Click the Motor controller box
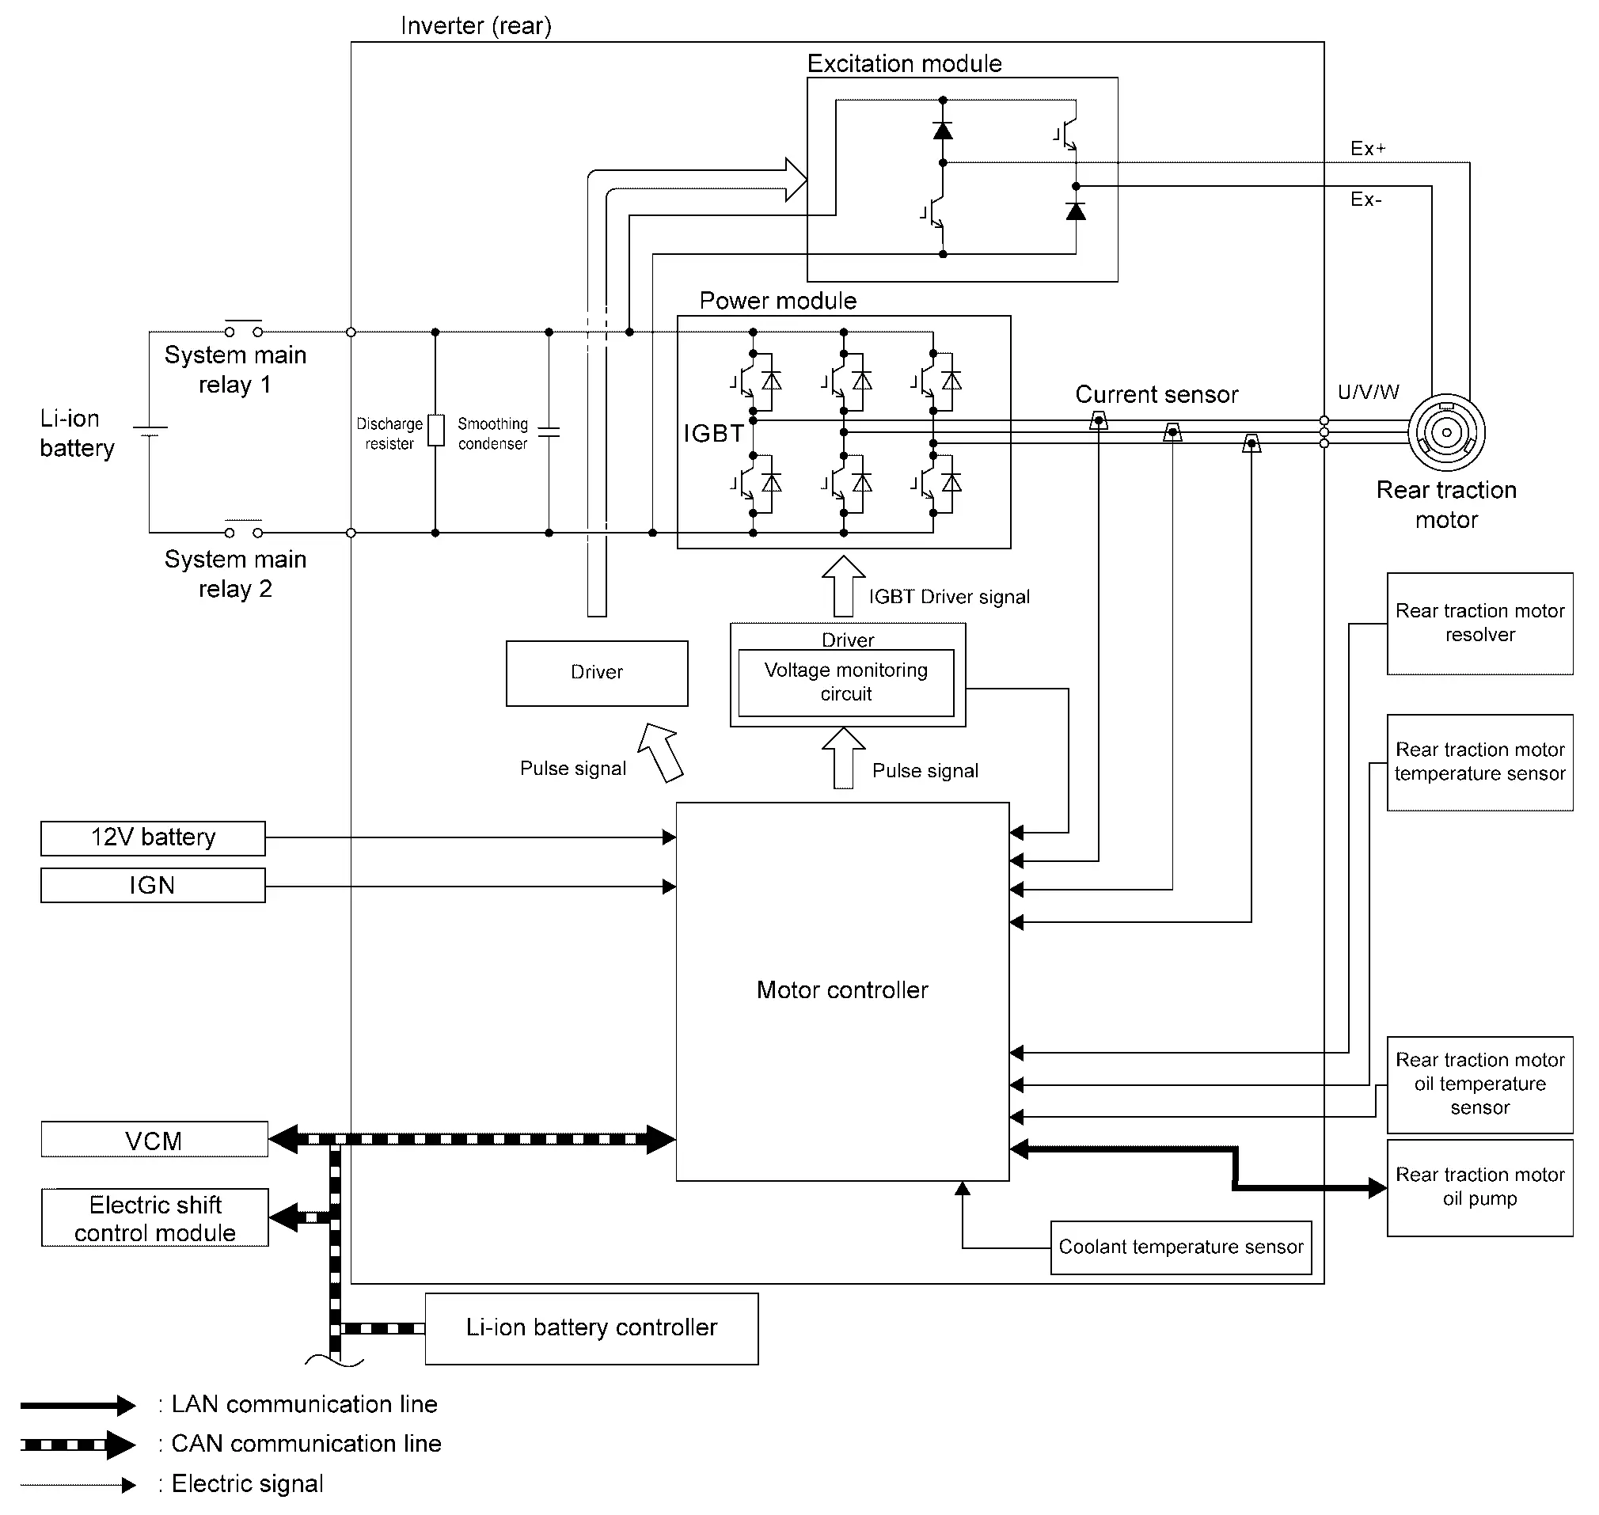pyautogui.click(x=842, y=992)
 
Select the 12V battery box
pyautogui.click(x=153, y=838)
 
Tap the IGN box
pyautogui.click(x=153, y=885)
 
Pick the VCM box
pyautogui.click(x=154, y=1140)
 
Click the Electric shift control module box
pyautogui.click(x=155, y=1218)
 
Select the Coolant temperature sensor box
pyautogui.click(x=1181, y=1247)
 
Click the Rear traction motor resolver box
pyautogui.click(x=1480, y=624)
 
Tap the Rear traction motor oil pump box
pyautogui.click(x=1480, y=1188)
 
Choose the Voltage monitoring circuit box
pyautogui.click(x=846, y=683)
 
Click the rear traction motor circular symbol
pyautogui.click(x=1446, y=433)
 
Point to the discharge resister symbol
pyautogui.click(x=435, y=431)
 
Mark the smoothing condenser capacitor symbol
pyautogui.click(x=549, y=432)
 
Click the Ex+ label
pyautogui.click(x=1368, y=149)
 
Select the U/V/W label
pyautogui.click(x=1368, y=393)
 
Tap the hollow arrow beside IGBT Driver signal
pyautogui.click(x=844, y=587)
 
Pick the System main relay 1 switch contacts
pyautogui.click(x=243, y=328)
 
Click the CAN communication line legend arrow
pyautogui.click(x=78, y=1445)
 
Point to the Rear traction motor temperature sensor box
pyautogui.click(x=1480, y=762)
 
